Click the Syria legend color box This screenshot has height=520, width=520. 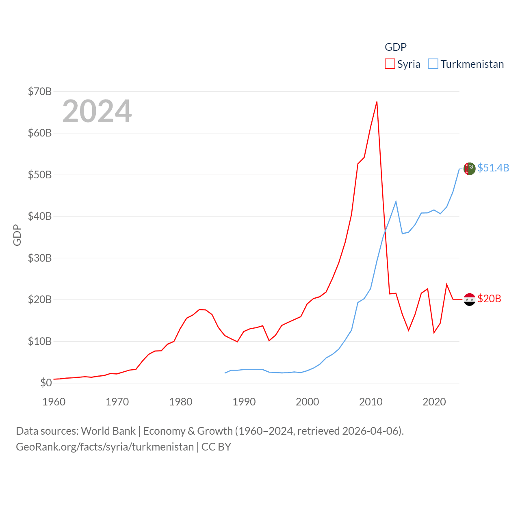coord(390,64)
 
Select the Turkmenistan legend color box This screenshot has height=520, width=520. coord(433,64)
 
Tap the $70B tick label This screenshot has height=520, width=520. coord(40,91)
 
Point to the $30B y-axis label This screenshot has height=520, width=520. coord(40,258)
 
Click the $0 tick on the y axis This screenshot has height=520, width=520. coord(46,383)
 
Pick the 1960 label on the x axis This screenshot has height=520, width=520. coord(54,402)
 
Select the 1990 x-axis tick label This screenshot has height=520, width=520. coord(244,402)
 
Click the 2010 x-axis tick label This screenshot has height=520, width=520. coord(371,402)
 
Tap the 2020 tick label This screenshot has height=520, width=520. coord(434,402)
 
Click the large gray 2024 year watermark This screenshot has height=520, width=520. coord(97,111)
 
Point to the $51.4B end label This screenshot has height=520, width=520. coord(493,168)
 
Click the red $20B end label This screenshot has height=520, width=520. coord(489,299)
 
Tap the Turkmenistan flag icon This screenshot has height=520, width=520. coord(470,168)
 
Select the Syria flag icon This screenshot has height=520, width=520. coord(470,299)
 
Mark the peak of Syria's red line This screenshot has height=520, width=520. coord(377,102)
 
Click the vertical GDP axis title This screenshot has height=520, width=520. coord(17,235)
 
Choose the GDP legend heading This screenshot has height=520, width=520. coord(396,47)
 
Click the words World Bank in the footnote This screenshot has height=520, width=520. coord(108,431)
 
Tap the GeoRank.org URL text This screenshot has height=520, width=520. coord(105,447)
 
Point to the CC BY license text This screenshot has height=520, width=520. coord(216,447)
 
